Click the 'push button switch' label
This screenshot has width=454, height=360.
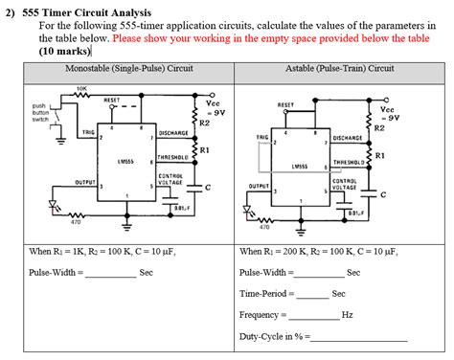pos(40,113)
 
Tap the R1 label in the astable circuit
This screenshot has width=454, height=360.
pos(381,155)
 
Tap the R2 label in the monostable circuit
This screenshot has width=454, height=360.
pos(204,123)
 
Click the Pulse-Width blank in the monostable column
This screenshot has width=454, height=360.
pos(111,274)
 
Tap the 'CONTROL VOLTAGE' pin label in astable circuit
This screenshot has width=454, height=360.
pos(345,184)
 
